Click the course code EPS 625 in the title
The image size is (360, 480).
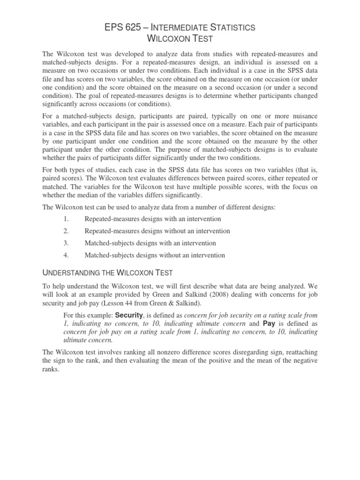point(123,28)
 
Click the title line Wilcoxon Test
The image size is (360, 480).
point(180,39)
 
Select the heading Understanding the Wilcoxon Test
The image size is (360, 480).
point(107,273)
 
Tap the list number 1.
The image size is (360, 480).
point(66,219)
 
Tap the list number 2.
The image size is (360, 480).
point(66,231)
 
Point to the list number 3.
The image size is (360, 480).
point(66,243)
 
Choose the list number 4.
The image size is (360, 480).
point(66,255)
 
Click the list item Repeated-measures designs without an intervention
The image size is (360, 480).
point(157,231)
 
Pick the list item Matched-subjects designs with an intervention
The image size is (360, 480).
point(150,243)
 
